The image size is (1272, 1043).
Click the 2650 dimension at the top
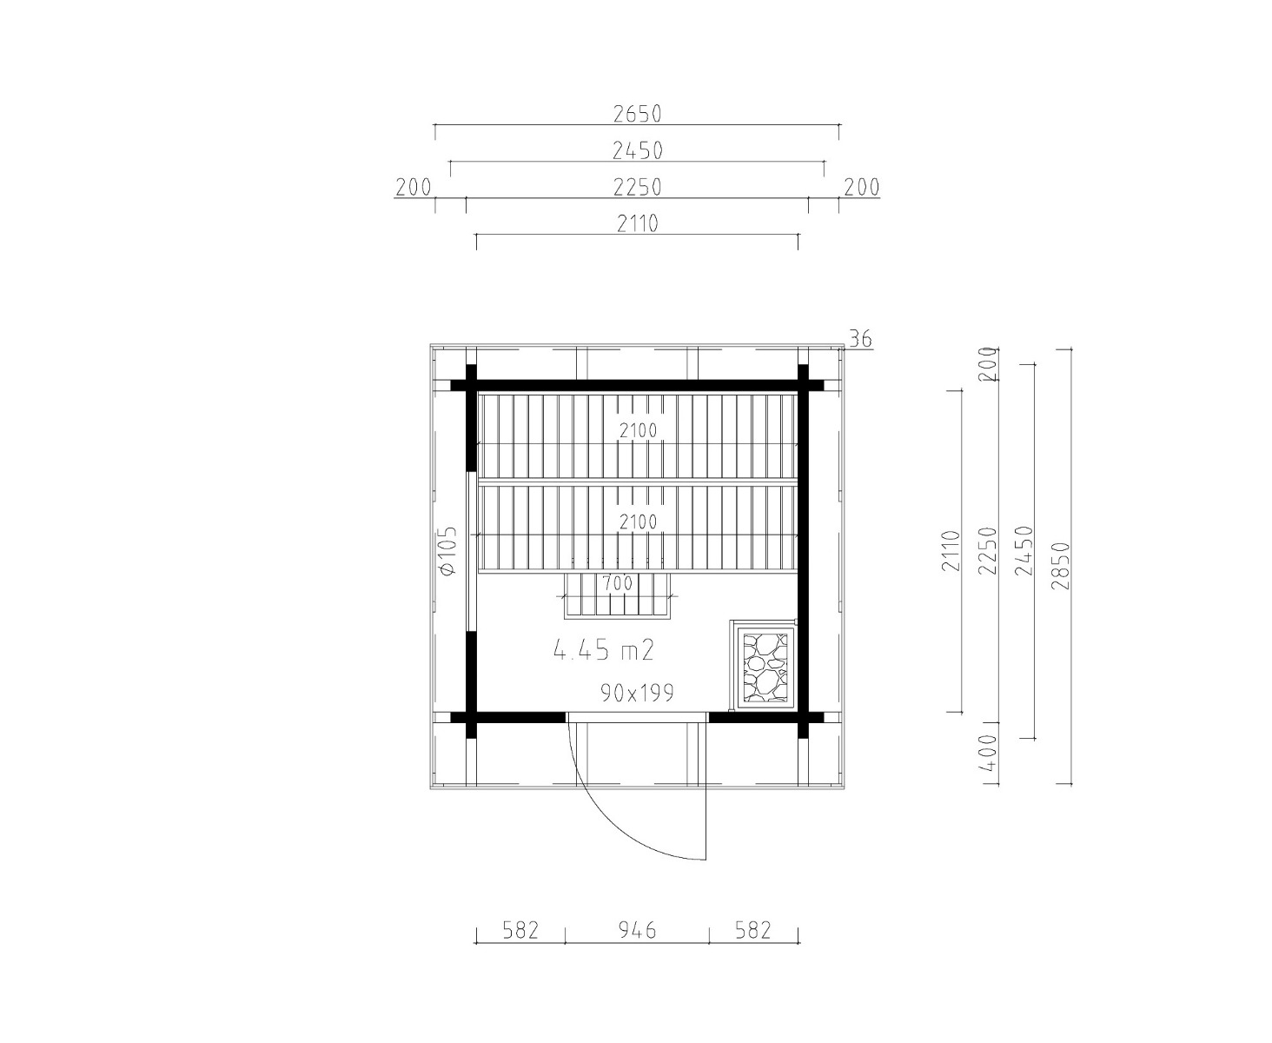(637, 114)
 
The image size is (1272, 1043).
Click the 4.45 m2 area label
(603, 650)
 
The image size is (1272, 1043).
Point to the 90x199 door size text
(637, 693)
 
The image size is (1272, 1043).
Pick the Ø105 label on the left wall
(448, 551)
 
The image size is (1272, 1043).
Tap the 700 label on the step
(618, 582)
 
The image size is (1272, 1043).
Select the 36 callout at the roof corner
(860, 340)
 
